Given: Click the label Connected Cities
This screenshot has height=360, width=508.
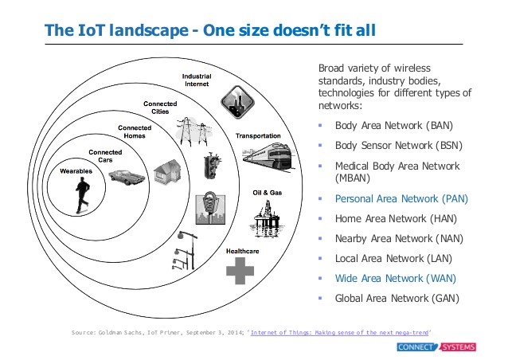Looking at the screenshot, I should pyautogui.click(x=162, y=108).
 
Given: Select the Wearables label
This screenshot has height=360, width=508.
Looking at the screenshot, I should pyautogui.click(x=77, y=170).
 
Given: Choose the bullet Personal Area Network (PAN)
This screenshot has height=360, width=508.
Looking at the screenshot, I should pyautogui.click(x=401, y=199).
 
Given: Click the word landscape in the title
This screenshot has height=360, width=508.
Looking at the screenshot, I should pyautogui.click(x=135, y=31).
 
